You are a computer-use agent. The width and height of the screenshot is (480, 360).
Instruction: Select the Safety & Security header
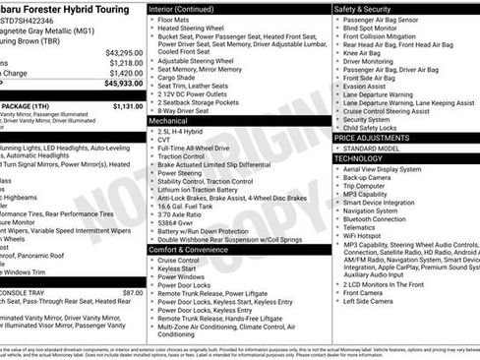(369, 8)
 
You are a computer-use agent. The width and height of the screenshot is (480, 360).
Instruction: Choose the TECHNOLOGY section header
(358, 158)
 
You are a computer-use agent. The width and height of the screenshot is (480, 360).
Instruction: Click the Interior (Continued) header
(189, 8)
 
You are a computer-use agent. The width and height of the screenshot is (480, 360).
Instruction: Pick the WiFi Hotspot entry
(363, 236)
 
